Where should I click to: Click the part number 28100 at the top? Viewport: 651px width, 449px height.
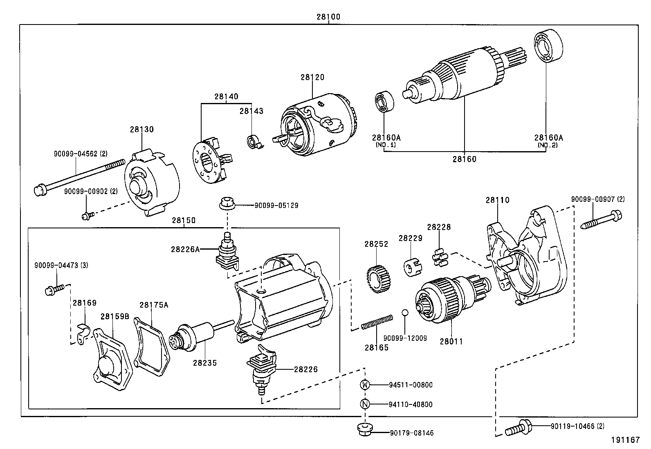tap(328, 17)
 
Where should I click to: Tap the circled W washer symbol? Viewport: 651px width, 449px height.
tap(364, 384)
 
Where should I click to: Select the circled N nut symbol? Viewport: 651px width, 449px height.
tap(364, 404)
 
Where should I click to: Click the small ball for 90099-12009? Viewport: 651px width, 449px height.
tap(404, 313)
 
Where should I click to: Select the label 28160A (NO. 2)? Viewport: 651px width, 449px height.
tap(548, 141)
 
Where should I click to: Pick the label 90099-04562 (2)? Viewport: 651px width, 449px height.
tap(80, 154)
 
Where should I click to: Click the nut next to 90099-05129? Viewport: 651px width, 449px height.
tap(225, 203)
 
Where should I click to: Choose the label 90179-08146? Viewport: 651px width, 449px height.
tap(411, 433)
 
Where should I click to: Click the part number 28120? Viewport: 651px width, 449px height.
tap(312, 77)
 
